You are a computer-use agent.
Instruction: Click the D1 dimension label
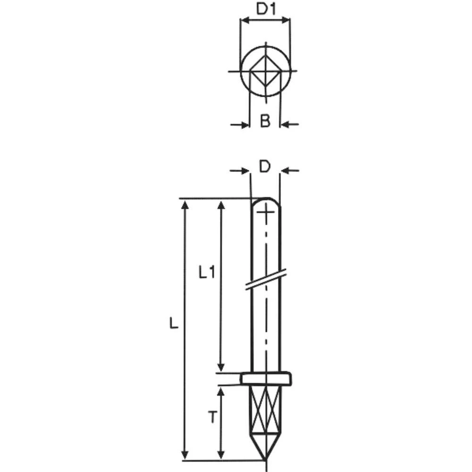[266, 8]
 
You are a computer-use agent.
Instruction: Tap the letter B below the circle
[265, 121]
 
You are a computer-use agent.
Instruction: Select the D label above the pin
[265, 167]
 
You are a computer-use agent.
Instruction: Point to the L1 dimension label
[207, 272]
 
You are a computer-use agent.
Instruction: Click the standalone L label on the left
[174, 323]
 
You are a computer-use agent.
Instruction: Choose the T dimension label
[212, 417]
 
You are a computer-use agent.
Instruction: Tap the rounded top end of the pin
[266, 202]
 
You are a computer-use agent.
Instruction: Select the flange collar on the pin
[266, 379]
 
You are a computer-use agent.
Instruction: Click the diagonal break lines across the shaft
[266, 279]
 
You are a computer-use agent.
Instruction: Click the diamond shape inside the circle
[265, 72]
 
